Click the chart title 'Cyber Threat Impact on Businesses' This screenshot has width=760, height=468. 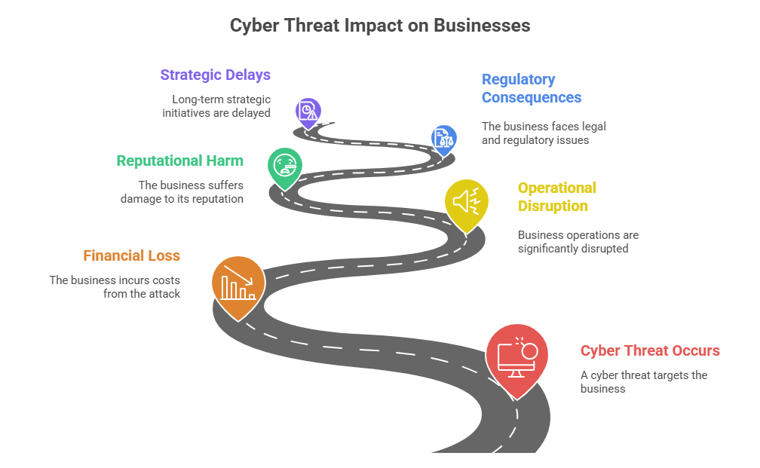click(x=379, y=26)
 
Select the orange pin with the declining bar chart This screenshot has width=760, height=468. click(x=237, y=285)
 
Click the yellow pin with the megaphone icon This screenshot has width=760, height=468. click(x=466, y=202)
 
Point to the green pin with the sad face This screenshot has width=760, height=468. click(x=285, y=165)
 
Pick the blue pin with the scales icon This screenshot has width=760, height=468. click(x=443, y=138)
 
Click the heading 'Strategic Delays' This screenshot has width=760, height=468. click(x=215, y=75)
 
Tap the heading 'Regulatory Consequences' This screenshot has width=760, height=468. click(x=531, y=89)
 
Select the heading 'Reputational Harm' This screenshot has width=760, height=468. click(x=179, y=161)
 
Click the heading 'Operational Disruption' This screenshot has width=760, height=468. click(x=556, y=197)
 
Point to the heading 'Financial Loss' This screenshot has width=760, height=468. click(x=131, y=255)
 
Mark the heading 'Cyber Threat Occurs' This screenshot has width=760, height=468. click(x=650, y=350)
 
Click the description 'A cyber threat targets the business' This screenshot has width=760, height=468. click(x=643, y=382)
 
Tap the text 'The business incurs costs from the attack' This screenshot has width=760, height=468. click(x=115, y=286)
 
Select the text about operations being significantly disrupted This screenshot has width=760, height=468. click(x=578, y=242)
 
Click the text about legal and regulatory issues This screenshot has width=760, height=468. click(x=543, y=133)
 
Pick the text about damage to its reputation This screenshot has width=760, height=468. click(x=182, y=192)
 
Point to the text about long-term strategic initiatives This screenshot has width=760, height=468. click(x=216, y=106)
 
